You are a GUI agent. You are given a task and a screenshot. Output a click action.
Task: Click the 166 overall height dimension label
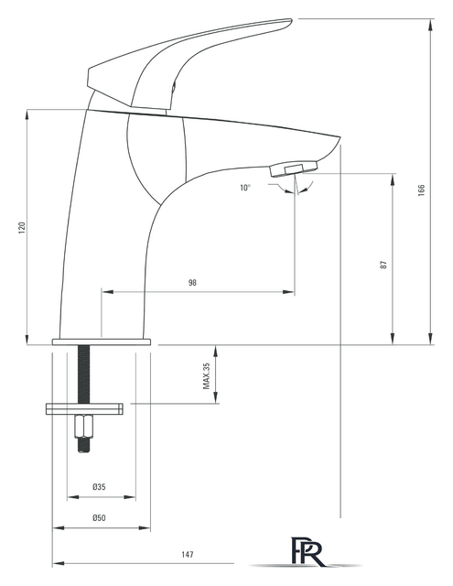[x=421, y=190]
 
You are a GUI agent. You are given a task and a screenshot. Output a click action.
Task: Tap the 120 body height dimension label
[x=22, y=228]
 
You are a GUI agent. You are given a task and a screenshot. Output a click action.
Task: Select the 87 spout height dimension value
[x=383, y=265]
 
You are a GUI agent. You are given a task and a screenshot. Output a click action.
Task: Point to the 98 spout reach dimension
[x=192, y=283]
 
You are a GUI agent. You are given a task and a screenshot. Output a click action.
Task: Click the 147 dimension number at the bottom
[x=188, y=554]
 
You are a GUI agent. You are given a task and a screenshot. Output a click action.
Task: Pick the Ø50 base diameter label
[x=99, y=518]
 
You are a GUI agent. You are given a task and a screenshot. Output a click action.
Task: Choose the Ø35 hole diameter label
[x=99, y=487]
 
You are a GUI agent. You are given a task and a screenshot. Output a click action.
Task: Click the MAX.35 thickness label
[x=207, y=376]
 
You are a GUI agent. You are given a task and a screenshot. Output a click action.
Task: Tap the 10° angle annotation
[x=245, y=188]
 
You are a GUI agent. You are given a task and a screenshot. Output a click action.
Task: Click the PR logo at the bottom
[x=307, y=552]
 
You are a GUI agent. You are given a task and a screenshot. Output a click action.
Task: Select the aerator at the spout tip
[x=294, y=168]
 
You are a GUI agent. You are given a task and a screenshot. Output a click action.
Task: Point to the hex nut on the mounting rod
[x=84, y=427]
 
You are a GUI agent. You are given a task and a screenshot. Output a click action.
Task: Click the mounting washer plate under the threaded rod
[x=84, y=408]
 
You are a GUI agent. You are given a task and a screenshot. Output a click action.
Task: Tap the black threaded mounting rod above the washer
[x=84, y=374]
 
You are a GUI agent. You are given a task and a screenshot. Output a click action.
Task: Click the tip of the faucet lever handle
[x=290, y=20]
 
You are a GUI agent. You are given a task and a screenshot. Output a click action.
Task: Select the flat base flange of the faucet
[x=102, y=342]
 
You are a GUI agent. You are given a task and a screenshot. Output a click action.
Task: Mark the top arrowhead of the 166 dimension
[x=431, y=25]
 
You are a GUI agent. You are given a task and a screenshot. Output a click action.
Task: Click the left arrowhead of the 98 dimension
[x=108, y=291]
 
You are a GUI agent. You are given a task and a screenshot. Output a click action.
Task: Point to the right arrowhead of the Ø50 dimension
[x=145, y=528]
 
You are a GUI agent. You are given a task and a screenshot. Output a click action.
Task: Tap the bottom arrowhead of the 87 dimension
[x=393, y=338]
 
